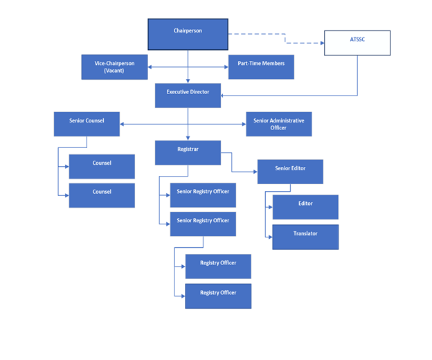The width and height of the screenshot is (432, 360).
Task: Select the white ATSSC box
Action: (x=357, y=43)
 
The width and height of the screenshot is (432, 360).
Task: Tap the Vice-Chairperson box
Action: (x=114, y=67)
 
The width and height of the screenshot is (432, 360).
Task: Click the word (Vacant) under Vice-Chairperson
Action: (x=114, y=71)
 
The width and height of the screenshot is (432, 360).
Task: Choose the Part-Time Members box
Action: (x=261, y=67)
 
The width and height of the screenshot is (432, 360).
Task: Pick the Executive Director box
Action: (x=188, y=96)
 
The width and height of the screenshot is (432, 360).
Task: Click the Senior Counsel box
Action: (x=87, y=124)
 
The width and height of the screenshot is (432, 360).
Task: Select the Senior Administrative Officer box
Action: (x=278, y=124)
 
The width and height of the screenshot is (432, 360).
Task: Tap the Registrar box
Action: (x=188, y=152)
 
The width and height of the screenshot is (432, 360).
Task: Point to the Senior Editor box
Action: (x=290, y=172)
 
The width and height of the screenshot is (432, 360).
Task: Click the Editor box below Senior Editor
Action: (x=305, y=207)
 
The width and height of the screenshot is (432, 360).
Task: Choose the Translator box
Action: (x=305, y=237)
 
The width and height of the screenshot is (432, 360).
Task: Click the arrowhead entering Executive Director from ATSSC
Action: (x=224, y=96)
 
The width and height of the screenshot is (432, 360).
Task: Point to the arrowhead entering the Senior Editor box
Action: (x=255, y=172)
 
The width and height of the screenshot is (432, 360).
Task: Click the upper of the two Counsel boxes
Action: (x=102, y=166)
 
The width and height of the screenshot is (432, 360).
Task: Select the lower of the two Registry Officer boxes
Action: (x=218, y=296)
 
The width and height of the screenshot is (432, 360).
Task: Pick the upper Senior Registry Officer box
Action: (x=203, y=195)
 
